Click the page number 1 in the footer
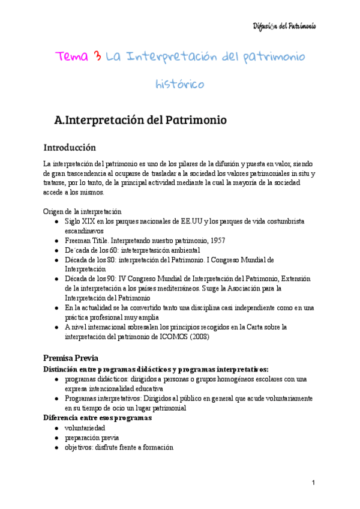pos(313,483)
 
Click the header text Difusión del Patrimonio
pos(284,26)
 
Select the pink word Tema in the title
pos(72,57)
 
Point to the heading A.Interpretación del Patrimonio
pos(140,120)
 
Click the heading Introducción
pos(69,148)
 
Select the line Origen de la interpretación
pos(82,211)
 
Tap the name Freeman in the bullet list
pos(79,240)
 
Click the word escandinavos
pos(85,230)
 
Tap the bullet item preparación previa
pos(92,438)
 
